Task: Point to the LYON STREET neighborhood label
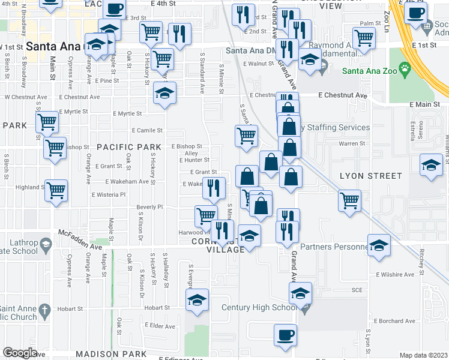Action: pos(370,176)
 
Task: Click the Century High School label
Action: pos(259,308)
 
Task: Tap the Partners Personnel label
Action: pos(333,247)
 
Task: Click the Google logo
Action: pos(20,353)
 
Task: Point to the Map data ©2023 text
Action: pos(423,355)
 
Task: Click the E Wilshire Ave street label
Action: pos(395,274)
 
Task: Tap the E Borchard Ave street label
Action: pos(394,321)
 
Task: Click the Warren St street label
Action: pos(352,144)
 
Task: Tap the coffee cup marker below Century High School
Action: pos(285,335)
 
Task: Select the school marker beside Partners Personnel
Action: pos(379,245)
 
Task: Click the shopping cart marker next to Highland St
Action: pos(56,191)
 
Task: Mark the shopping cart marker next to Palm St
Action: pos(364,38)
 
